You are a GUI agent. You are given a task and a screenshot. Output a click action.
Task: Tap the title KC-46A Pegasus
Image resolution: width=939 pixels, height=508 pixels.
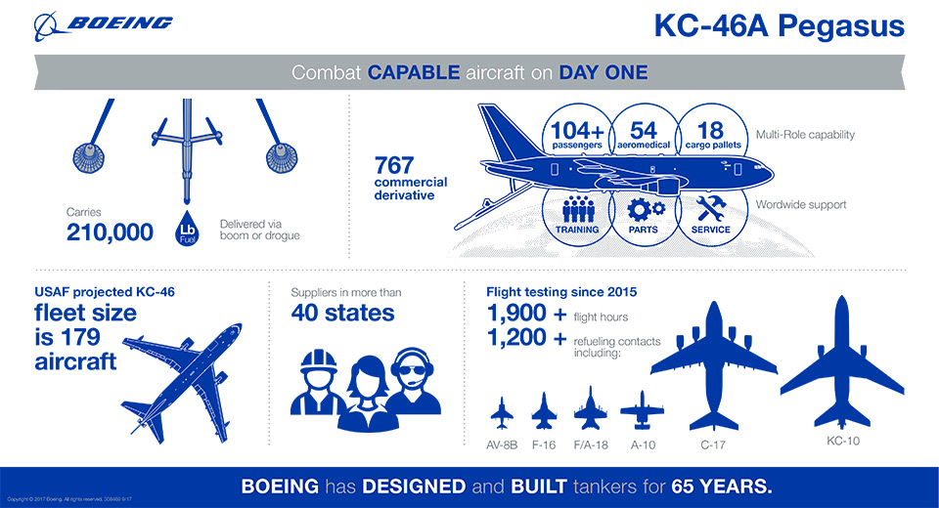point(779,26)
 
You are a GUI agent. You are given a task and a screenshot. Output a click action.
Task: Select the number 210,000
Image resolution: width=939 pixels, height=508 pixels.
point(110,232)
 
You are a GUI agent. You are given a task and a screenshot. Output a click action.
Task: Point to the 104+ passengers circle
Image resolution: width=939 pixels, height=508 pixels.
point(578,135)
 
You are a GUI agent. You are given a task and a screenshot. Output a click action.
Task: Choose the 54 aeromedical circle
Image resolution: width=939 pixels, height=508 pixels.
point(643,135)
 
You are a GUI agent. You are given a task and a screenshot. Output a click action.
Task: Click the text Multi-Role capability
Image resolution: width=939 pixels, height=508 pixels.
point(805,134)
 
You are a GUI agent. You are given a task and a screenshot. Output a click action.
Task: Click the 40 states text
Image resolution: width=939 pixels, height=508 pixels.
point(342,313)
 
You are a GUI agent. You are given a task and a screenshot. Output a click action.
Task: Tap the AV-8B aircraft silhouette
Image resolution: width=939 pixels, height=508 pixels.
point(502,412)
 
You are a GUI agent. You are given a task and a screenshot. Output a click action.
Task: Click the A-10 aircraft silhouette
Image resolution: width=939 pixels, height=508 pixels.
point(642,410)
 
